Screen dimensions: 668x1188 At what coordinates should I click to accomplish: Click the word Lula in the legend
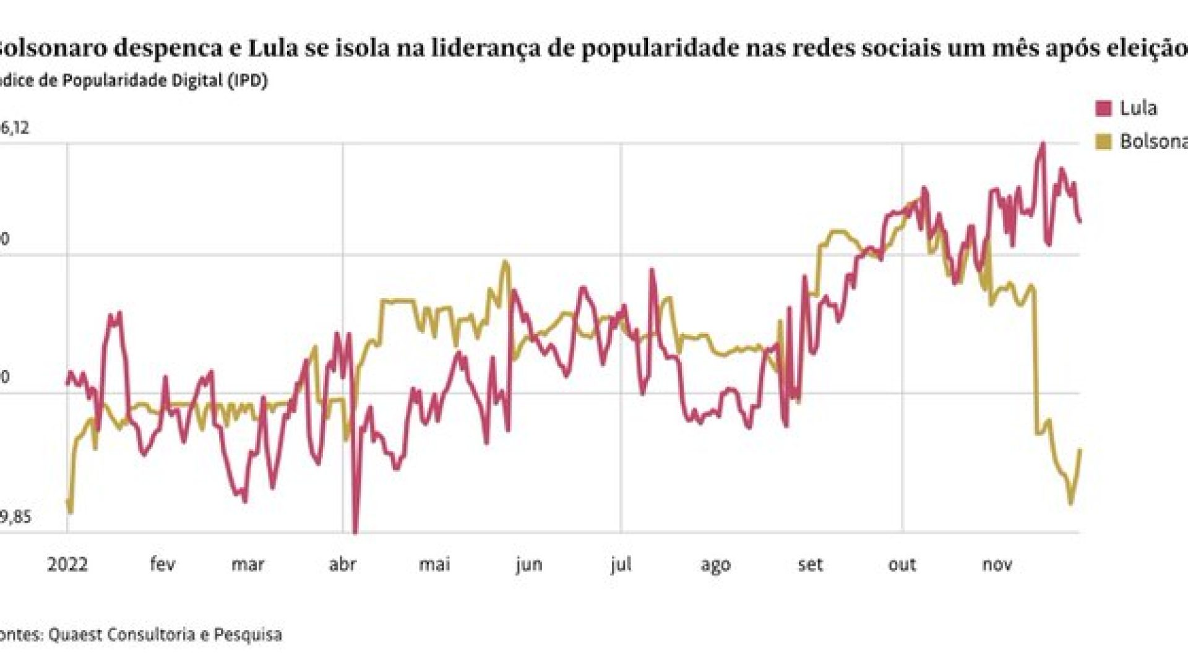[1138, 108]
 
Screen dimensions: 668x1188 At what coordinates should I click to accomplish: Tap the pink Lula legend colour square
[1103, 109]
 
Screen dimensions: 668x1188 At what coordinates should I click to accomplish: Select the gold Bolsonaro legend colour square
[1103, 142]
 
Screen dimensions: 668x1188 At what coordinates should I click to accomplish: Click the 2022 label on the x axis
[67, 564]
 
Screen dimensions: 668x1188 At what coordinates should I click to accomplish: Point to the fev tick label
[162, 564]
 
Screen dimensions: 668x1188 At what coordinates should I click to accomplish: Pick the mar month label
[248, 564]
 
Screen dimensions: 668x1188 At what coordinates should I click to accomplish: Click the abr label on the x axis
[342, 564]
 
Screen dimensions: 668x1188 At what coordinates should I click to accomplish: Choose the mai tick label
[434, 564]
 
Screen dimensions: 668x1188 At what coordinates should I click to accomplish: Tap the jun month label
[528, 564]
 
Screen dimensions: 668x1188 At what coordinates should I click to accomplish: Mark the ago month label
[715, 564]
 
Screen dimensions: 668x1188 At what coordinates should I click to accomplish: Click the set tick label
[810, 564]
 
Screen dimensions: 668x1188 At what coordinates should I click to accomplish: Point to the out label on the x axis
[902, 564]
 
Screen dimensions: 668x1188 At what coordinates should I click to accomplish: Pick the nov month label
[997, 564]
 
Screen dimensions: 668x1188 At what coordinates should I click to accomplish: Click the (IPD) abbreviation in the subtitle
[247, 81]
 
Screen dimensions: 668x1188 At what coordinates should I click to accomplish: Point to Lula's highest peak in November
[1043, 143]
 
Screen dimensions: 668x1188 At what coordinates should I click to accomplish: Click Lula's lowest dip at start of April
[355, 531]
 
